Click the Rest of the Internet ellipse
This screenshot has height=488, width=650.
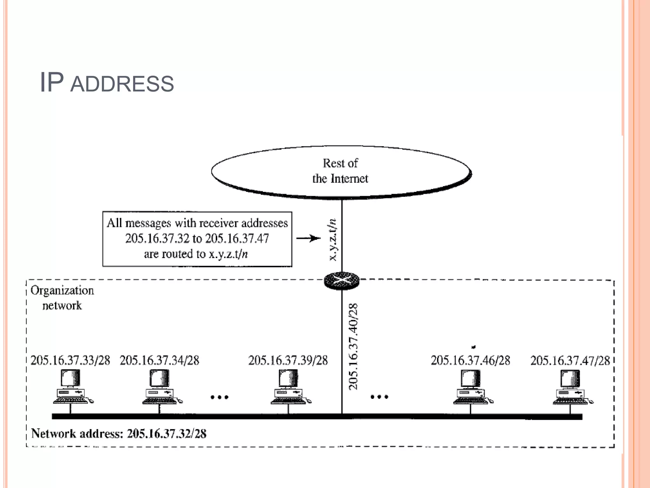point(341,172)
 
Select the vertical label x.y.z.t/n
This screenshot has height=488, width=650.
point(332,240)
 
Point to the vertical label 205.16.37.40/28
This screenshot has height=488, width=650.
point(353,346)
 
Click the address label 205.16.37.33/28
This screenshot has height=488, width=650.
point(70,361)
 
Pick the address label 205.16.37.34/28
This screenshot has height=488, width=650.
point(159,361)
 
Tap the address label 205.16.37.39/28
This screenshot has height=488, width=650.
point(288,361)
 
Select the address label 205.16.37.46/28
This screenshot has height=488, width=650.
point(470,361)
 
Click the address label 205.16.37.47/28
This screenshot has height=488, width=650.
point(570,361)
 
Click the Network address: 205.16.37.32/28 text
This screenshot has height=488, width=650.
point(119,434)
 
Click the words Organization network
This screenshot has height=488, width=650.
point(62,298)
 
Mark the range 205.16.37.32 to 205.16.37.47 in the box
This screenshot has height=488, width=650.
point(197,239)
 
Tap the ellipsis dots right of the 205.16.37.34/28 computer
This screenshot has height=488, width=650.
point(220,397)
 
